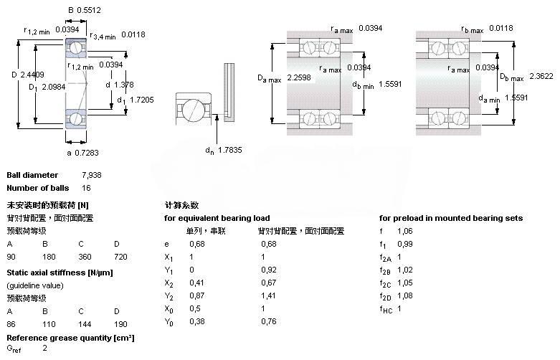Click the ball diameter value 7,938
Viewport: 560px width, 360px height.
92,175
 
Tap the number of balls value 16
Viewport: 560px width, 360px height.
87,188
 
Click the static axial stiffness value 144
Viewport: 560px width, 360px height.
85,324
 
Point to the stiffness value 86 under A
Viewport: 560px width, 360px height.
11,324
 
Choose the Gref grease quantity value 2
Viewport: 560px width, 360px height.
44,349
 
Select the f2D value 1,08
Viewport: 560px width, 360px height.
406,295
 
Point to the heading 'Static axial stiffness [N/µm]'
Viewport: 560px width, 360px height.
60,273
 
